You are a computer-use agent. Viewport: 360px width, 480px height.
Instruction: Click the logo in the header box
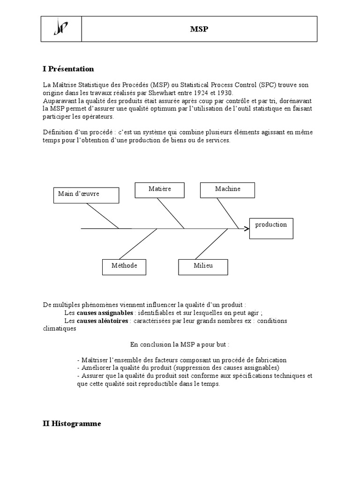tap(61, 30)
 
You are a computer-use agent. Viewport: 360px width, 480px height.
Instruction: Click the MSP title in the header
tap(199, 29)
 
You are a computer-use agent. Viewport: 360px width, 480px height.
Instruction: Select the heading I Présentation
tap(68, 69)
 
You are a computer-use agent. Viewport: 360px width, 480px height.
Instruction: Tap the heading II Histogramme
tap(71, 423)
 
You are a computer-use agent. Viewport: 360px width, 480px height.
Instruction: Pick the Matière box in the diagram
tap(159, 189)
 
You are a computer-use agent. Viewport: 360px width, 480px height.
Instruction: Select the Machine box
tap(227, 189)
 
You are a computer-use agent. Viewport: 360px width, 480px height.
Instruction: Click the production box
tap(271, 228)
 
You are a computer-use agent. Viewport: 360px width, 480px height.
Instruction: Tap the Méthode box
tap(124, 266)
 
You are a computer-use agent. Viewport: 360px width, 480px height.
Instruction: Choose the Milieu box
tap(203, 266)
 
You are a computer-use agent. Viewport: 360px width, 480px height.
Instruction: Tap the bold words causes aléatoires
tap(103, 321)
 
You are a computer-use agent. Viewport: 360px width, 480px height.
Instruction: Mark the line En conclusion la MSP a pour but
tap(180, 345)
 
